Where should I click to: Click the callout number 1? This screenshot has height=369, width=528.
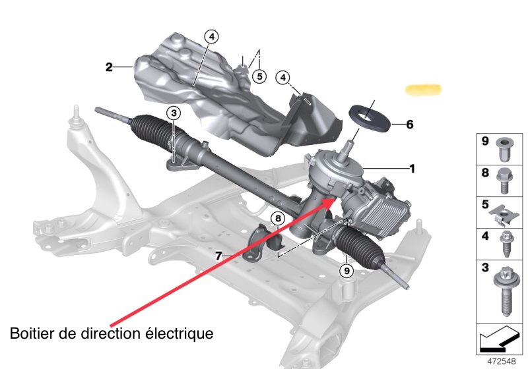coord(412,169)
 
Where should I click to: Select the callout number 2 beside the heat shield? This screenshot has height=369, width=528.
coord(109,67)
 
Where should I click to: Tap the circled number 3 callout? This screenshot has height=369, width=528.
coord(174,113)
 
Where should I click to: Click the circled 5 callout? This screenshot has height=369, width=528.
coord(259,76)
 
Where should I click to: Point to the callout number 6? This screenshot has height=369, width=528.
coord(409,125)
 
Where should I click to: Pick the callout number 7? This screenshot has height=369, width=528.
coord(218,256)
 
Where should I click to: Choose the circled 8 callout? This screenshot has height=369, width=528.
coord(278,219)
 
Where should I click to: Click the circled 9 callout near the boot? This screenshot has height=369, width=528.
coord(346,270)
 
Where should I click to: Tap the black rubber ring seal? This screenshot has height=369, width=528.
coord(370,116)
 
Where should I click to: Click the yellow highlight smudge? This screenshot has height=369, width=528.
coord(423,90)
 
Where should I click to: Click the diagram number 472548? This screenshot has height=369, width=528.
coord(502,361)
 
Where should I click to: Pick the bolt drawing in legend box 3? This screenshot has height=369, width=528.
coord(504,292)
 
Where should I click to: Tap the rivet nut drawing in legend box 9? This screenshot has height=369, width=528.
coord(504,149)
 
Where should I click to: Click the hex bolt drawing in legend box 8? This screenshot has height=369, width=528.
coord(504,181)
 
